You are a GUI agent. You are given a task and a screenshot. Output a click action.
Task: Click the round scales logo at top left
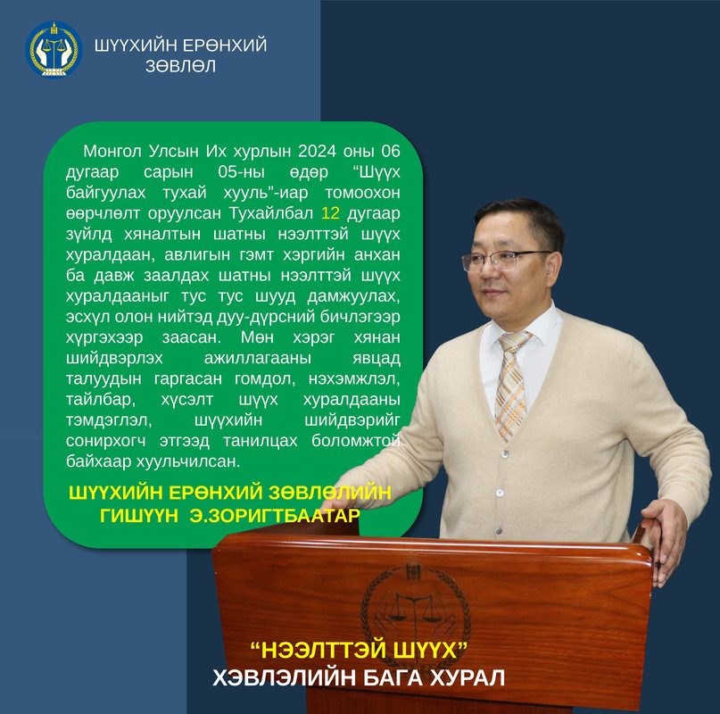click(x=54, y=50)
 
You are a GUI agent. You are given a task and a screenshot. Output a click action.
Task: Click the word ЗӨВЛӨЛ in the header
click(x=180, y=66)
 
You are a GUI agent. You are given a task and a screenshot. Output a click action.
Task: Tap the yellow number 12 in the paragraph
click(x=331, y=213)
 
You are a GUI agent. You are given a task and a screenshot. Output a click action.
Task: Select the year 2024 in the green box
click(x=317, y=151)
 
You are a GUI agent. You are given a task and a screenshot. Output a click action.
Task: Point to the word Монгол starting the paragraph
click(x=112, y=151)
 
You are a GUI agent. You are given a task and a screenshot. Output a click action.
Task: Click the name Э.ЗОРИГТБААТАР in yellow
click(x=275, y=516)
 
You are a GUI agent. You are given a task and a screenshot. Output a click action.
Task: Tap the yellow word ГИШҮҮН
click(x=139, y=516)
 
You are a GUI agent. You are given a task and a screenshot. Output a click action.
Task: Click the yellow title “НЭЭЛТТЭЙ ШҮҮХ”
click(x=359, y=651)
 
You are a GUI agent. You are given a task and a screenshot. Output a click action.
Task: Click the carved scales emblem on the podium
click(x=416, y=607)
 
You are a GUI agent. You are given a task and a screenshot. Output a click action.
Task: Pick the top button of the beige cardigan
click(x=506, y=454)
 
